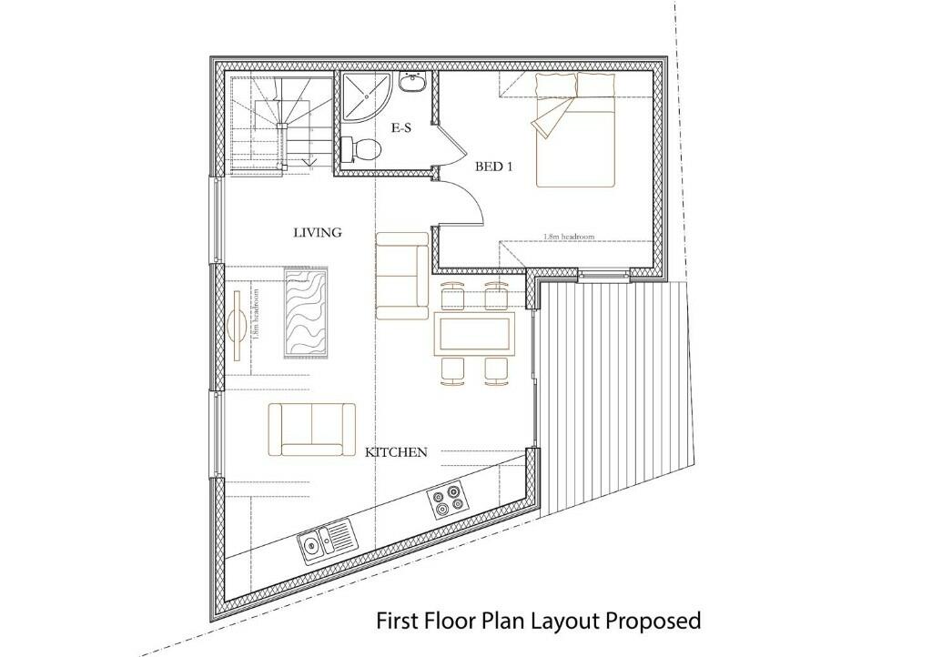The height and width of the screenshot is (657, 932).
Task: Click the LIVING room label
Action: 317,233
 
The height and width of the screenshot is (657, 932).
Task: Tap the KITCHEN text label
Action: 396,452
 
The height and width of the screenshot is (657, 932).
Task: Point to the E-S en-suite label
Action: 401,128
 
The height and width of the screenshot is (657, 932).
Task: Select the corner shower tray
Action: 365,98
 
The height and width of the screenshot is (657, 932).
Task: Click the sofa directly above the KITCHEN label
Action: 312,429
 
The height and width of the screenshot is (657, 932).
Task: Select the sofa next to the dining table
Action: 402,276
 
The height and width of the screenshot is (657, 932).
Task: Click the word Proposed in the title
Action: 653,621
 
